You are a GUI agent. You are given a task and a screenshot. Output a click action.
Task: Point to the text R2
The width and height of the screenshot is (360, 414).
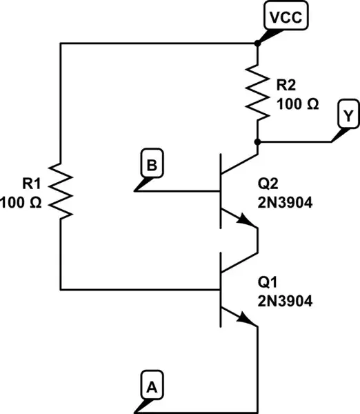(x=286, y=86)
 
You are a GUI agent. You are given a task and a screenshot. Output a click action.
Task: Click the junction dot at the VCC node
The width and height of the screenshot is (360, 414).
(x=257, y=43)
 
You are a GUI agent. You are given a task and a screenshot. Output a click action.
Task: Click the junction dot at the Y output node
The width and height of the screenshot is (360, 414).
(x=257, y=141)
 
